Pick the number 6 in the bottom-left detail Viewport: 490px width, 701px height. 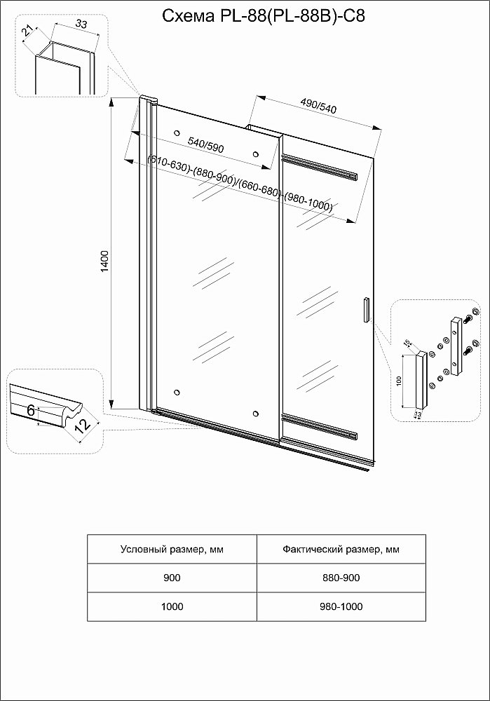[x=32, y=410]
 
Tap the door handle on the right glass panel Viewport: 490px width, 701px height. [x=365, y=310]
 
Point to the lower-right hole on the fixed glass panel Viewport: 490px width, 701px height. [x=256, y=414]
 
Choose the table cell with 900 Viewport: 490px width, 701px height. [x=172, y=578]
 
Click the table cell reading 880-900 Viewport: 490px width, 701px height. [x=341, y=578]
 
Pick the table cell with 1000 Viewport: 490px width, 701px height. [x=172, y=606]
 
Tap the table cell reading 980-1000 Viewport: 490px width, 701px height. [x=341, y=606]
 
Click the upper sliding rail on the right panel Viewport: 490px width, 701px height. [x=322, y=168]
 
